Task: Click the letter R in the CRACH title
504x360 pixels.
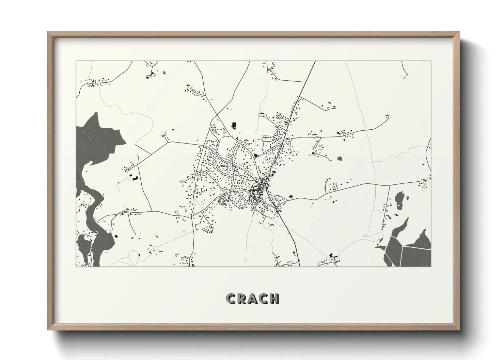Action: point(242,298)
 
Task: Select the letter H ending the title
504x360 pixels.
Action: point(274,298)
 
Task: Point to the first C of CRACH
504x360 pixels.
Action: point(231,298)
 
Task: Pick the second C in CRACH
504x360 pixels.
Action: point(263,298)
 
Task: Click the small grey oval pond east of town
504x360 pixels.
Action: point(340,158)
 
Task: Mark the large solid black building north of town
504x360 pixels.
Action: point(234,125)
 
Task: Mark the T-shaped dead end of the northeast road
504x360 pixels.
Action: point(388,116)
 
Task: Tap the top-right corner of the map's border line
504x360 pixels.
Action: point(431,61)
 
